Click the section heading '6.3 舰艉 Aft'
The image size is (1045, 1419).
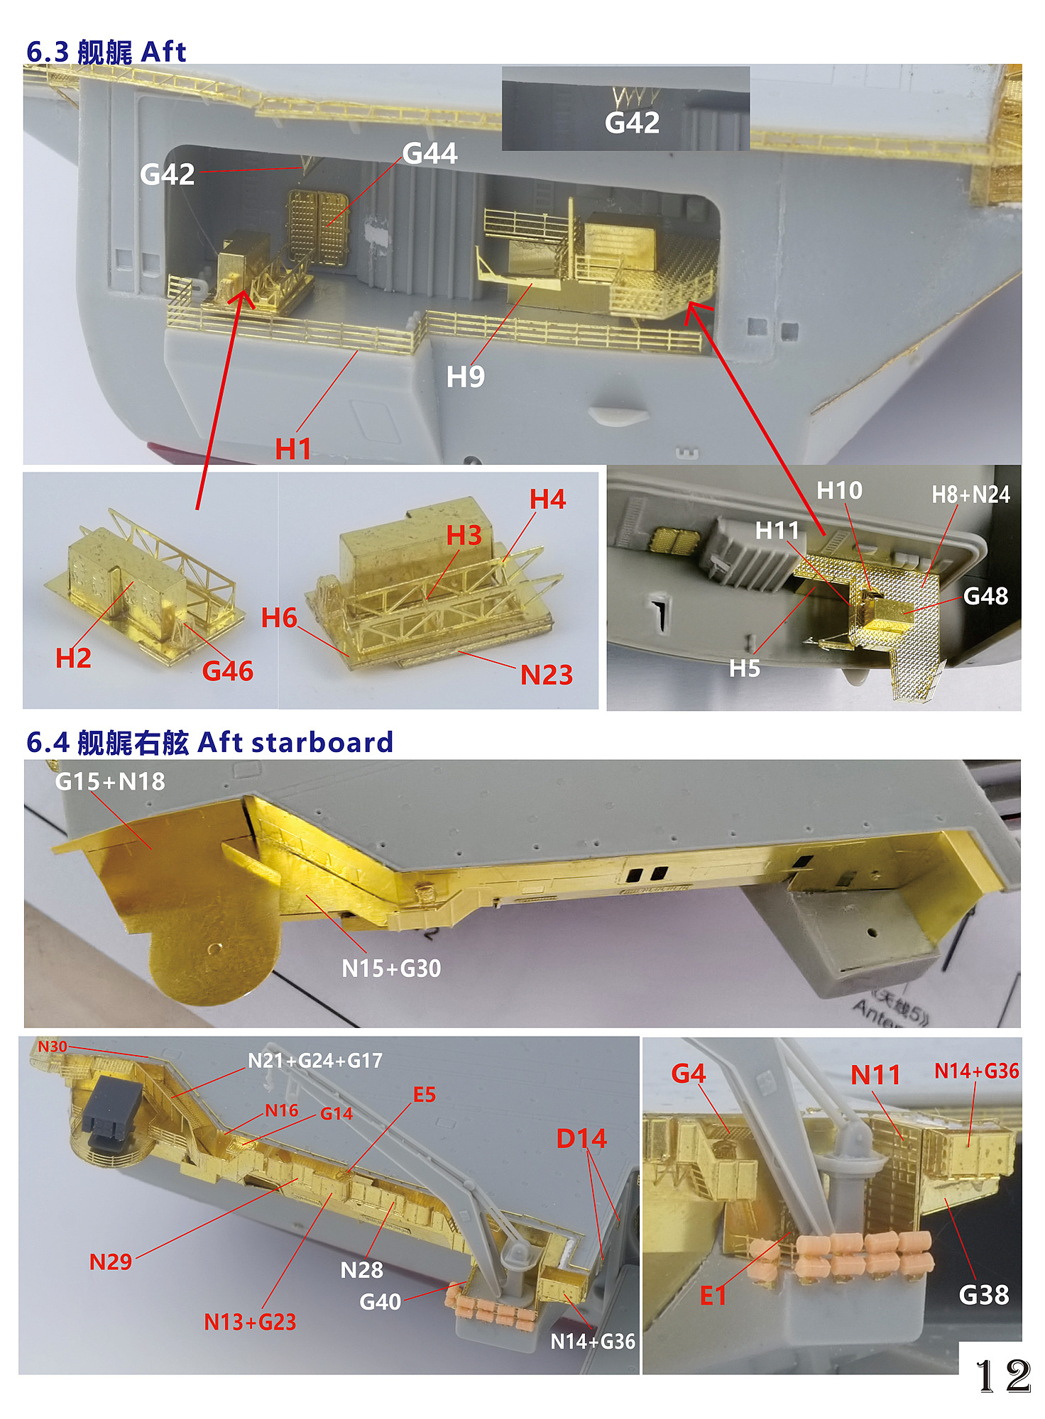click(x=106, y=52)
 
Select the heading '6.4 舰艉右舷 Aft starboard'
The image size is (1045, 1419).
click(x=209, y=742)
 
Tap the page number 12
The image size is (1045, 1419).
click(x=1003, y=1376)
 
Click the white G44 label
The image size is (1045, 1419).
click(x=430, y=153)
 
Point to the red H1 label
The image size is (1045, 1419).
click(x=293, y=449)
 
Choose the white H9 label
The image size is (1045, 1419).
click(x=466, y=377)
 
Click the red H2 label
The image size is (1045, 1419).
click(x=74, y=658)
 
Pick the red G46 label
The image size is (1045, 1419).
click(x=228, y=671)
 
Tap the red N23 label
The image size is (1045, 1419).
click(x=547, y=675)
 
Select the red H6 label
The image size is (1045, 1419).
click(x=279, y=618)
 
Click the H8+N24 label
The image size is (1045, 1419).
click(x=970, y=495)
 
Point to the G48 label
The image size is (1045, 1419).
click(x=986, y=596)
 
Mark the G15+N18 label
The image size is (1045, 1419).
click(x=110, y=781)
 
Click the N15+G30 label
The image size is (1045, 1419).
click(x=391, y=968)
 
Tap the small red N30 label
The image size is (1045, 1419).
click(x=53, y=1047)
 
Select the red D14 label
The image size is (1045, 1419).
click(x=581, y=1139)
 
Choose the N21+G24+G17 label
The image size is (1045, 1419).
click(x=315, y=1061)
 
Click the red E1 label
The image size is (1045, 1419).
click(x=713, y=1296)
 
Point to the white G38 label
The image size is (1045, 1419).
click(x=984, y=1296)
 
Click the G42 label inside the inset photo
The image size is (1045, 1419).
click(x=633, y=123)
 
